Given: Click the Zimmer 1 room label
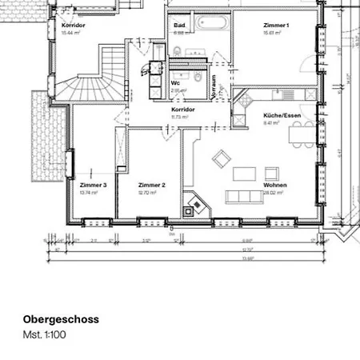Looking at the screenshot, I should (x=275, y=26).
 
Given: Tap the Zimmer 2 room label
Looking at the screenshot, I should (x=151, y=185).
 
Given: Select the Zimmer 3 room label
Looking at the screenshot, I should (x=93, y=185).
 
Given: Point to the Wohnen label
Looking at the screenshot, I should (x=274, y=185).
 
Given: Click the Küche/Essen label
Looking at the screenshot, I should (x=282, y=115).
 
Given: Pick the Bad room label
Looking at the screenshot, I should (x=179, y=26).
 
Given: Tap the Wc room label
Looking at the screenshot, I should (x=175, y=82).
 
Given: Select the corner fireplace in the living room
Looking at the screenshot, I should (x=193, y=206).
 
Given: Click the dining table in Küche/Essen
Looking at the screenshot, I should (x=302, y=135).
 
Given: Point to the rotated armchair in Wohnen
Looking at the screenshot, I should (x=222, y=158).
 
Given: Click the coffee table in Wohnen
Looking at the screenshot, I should (x=245, y=173).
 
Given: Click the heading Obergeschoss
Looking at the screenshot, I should (x=61, y=319).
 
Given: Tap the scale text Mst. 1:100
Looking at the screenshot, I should (x=44, y=334).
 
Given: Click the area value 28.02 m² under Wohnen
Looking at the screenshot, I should (x=274, y=193).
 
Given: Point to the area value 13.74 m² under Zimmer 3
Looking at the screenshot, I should (x=89, y=193).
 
